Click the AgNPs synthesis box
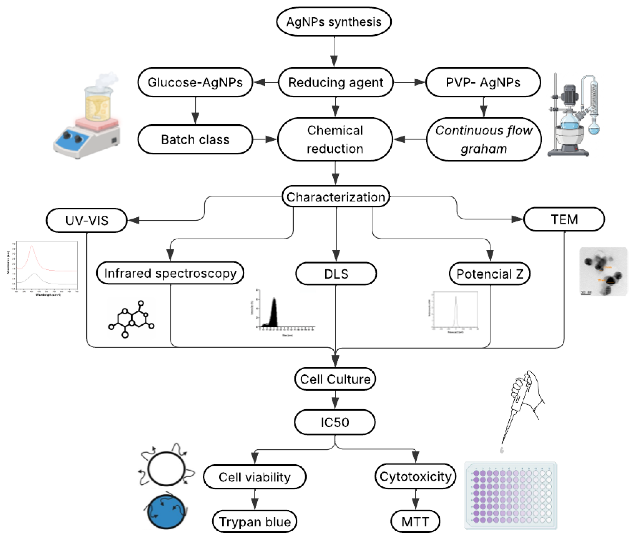[x=334, y=22]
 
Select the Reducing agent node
[x=336, y=82]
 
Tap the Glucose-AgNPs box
[x=195, y=82]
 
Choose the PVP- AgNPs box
[x=483, y=82]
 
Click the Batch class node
[x=195, y=139]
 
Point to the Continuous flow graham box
[x=484, y=139]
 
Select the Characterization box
[x=336, y=197]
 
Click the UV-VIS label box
[x=87, y=220]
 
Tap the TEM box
[x=564, y=219]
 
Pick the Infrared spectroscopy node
[x=170, y=273]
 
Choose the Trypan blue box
[x=255, y=522]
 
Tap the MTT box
[x=415, y=522]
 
